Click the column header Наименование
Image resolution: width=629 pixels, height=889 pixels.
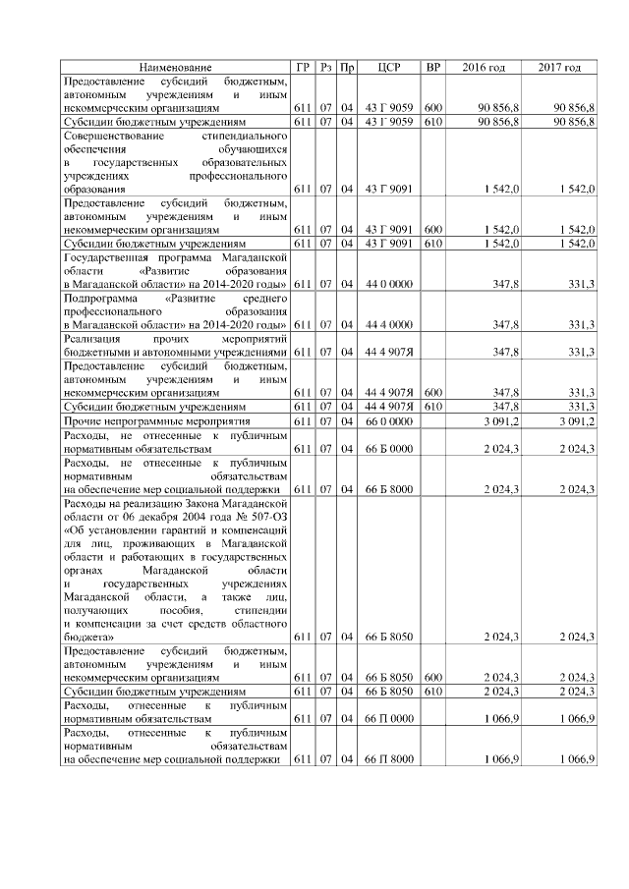click(176, 67)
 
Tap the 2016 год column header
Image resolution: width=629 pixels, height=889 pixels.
click(484, 67)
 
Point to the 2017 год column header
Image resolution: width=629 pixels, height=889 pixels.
click(560, 67)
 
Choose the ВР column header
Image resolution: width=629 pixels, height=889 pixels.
click(432, 67)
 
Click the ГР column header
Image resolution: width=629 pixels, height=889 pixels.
click(302, 67)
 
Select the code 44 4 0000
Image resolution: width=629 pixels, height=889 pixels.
click(387, 323)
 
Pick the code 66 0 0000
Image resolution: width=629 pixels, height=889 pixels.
click(387, 420)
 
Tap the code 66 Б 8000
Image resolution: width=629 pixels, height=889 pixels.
click(387, 488)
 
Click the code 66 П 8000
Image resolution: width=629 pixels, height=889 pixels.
click(387, 759)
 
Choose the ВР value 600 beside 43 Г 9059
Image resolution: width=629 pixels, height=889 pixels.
click(432, 107)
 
